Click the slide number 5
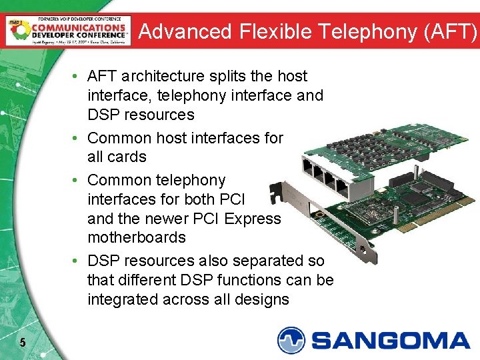tap(23, 343)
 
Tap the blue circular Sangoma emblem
tap(292, 340)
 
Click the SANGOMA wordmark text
tap(391, 340)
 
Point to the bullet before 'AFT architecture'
tap(79, 77)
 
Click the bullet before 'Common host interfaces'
tap(79, 139)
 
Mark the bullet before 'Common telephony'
tap(79, 181)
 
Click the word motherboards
tap(137, 237)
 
